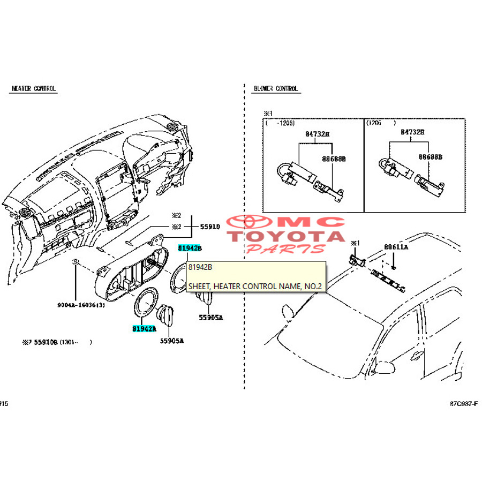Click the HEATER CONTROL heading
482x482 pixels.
coord(34,88)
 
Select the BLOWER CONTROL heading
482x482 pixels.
coord(276,88)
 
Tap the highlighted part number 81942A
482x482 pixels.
coord(144,328)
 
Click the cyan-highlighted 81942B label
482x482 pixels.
coord(190,248)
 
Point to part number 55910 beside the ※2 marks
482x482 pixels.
coord(210,227)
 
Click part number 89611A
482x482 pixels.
coord(396,247)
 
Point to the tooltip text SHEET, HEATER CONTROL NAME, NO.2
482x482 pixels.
coord(255,287)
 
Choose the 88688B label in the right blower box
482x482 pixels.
coord(430,157)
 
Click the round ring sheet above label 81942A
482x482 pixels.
coord(145,303)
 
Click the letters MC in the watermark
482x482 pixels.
coord(318,222)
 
